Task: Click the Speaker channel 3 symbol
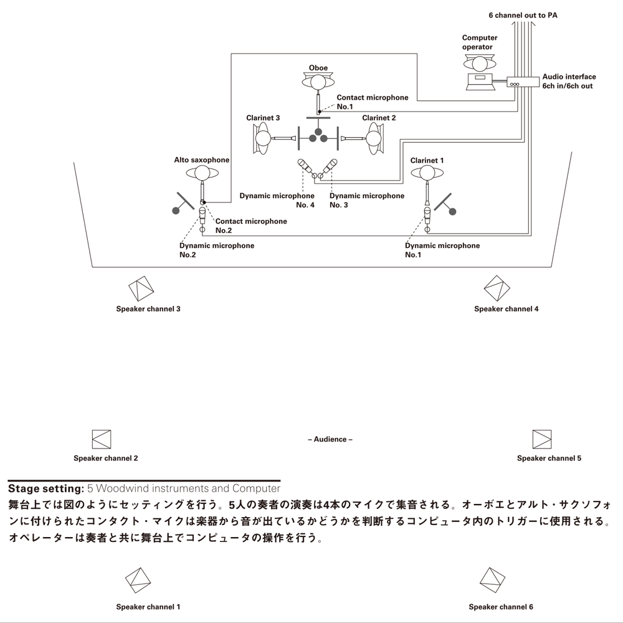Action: click(141, 288)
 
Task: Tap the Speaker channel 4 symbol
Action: click(497, 288)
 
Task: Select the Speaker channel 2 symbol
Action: click(101, 439)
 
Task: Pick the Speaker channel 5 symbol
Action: click(542, 439)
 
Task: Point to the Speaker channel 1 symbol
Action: click(139, 581)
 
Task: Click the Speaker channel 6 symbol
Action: click(493, 581)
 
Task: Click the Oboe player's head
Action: click(318, 81)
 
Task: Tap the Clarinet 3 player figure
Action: click(262, 138)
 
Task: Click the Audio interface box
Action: click(523, 82)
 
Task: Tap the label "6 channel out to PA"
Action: click(522, 14)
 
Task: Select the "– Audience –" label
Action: click(330, 439)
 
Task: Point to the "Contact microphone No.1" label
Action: click(373, 102)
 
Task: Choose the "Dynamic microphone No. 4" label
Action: click(277, 200)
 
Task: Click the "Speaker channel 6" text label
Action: click(501, 607)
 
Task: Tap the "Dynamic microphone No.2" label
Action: click(217, 250)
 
